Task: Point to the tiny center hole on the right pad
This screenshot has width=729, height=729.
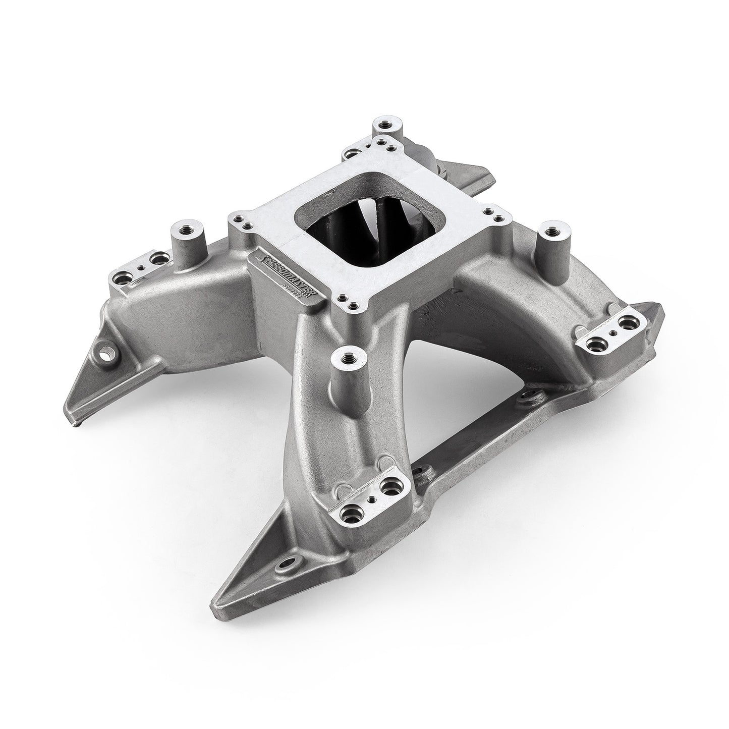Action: tap(612, 332)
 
